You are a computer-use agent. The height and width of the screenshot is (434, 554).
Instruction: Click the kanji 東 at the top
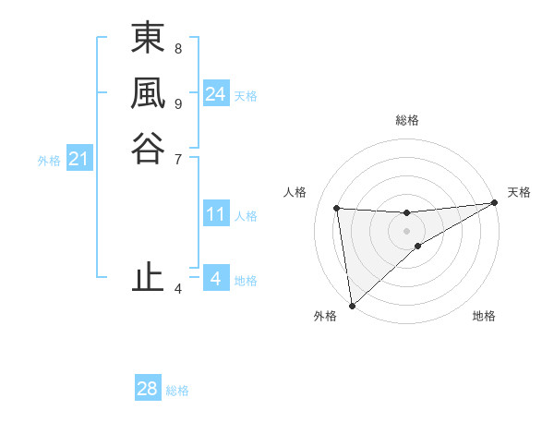click(x=148, y=41)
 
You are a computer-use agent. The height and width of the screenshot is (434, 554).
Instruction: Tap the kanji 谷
click(x=148, y=147)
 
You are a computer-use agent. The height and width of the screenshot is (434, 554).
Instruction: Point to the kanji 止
click(x=148, y=277)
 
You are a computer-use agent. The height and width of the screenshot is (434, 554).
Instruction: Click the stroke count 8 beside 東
click(x=178, y=48)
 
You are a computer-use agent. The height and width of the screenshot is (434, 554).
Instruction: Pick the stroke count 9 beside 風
click(x=178, y=103)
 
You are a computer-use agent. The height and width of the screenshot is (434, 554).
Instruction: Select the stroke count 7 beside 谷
click(x=178, y=158)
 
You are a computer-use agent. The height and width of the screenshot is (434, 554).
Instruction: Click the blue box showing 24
click(x=216, y=94)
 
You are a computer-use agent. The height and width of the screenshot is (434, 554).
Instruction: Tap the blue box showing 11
click(x=216, y=215)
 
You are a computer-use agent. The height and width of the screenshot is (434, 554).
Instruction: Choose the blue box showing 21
click(x=79, y=160)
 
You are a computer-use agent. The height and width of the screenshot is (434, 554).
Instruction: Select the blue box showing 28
click(x=148, y=389)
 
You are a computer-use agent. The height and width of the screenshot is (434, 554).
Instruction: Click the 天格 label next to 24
click(x=246, y=96)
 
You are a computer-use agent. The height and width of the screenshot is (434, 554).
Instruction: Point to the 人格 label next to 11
click(x=246, y=216)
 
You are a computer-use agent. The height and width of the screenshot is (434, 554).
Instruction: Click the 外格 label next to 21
click(x=49, y=161)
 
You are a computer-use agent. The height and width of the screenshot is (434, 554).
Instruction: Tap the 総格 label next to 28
click(x=177, y=391)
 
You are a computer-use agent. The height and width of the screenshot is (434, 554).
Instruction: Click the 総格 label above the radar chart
click(x=407, y=120)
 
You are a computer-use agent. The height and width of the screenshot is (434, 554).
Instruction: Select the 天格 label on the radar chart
click(x=519, y=192)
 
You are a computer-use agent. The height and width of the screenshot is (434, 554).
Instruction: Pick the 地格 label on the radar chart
click(x=484, y=317)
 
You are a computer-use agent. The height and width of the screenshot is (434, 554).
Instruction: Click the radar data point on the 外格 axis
click(x=352, y=306)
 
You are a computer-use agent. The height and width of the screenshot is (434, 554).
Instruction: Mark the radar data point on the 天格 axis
click(x=494, y=203)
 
